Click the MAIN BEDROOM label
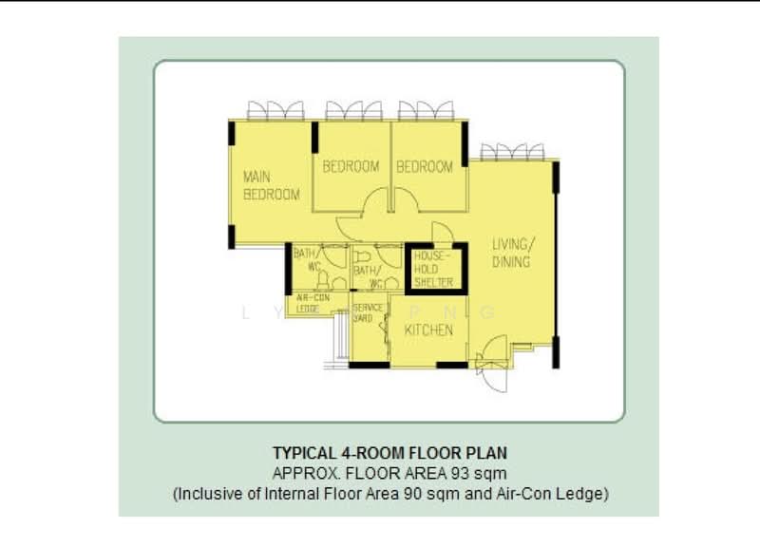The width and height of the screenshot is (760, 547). pos(271,185)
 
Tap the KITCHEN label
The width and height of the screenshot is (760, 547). pos(429,330)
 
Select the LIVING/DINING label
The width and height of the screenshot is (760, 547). pos(511,252)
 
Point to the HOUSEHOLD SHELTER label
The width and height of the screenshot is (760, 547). pos(433,269)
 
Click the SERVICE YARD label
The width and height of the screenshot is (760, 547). pos(368,312)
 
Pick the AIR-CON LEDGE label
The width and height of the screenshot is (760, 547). pos(308,303)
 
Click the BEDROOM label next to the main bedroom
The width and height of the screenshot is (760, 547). pos(351,166)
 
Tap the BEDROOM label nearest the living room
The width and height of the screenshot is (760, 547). pos(425,166)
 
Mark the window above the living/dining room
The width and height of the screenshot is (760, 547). pos(512,151)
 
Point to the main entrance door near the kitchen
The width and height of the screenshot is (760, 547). pos(493,371)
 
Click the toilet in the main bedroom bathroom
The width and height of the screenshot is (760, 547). pos(322,281)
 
